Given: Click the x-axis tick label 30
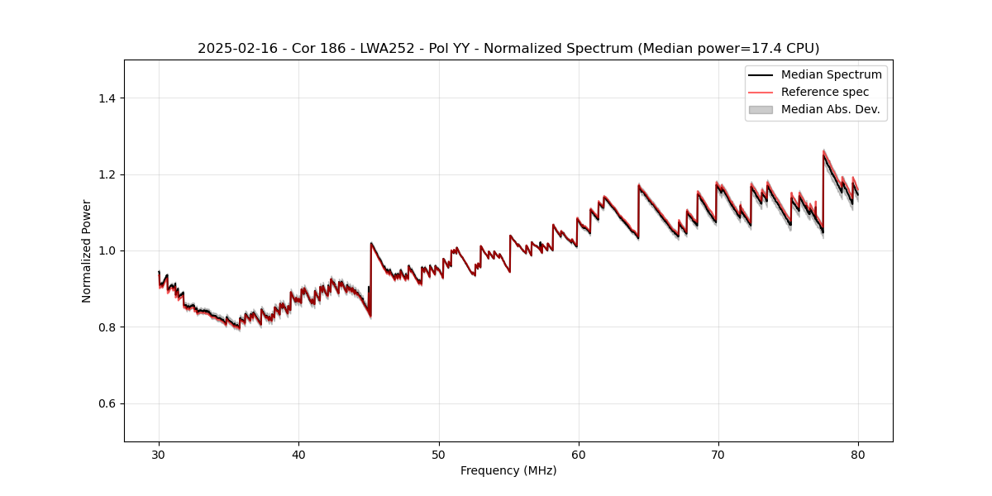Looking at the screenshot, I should pyautogui.click(x=159, y=454).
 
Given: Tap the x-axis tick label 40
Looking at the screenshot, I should pyautogui.click(x=298, y=454).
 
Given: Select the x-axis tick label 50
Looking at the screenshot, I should pyautogui.click(x=439, y=454).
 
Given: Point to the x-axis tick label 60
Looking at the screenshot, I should pyautogui.click(x=579, y=454).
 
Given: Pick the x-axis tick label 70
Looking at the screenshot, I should pyautogui.click(x=718, y=454).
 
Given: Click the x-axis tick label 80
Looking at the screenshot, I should pyautogui.click(x=858, y=454).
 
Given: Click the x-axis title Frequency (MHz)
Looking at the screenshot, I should pyautogui.click(x=508, y=470).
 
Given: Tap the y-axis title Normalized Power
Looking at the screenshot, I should pyautogui.click(x=87, y=250).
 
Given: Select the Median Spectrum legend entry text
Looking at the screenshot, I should pyautogui.click(x=831, y=74).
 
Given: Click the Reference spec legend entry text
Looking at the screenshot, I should pyautogui.click(x=824, y=92).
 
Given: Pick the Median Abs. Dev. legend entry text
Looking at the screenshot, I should pyautogui.click(x=830, y=109).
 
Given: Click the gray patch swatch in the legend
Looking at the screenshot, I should pyautogui.click(x=761, y=109).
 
